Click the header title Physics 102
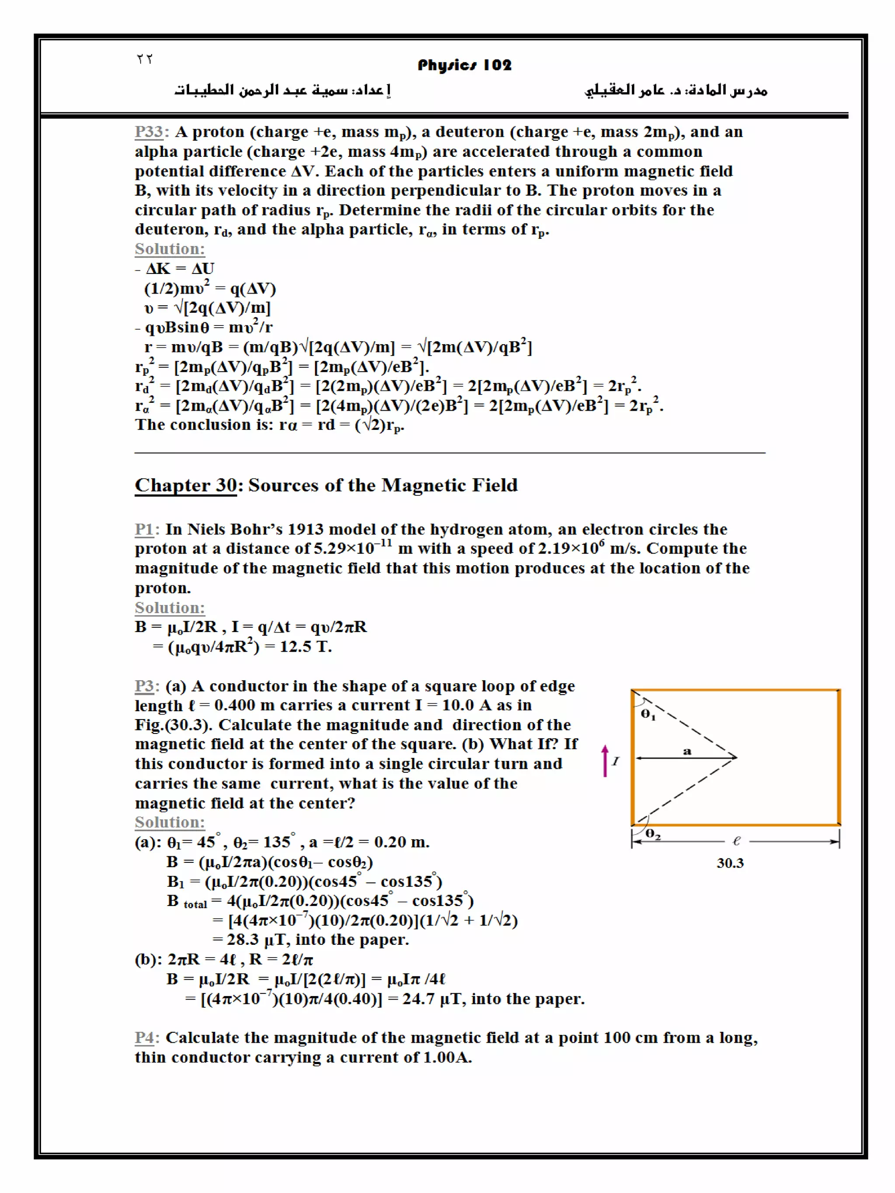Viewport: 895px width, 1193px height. click(464, 65)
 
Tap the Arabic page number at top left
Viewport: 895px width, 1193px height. click(145, 59)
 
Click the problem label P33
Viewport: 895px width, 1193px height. click(149, 131)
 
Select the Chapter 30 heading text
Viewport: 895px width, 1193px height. click(326, 485)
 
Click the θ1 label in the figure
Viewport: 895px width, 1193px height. click(648, 714)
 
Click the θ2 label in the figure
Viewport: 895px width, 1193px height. click(653, 834)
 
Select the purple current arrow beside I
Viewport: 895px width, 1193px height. click(605, 761)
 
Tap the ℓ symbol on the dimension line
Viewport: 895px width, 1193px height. click(736, 840)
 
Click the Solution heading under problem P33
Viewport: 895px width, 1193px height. click(170, 249)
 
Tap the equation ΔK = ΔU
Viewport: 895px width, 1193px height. click(180, 268)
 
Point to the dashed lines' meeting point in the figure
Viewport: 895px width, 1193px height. click(736, 757)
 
